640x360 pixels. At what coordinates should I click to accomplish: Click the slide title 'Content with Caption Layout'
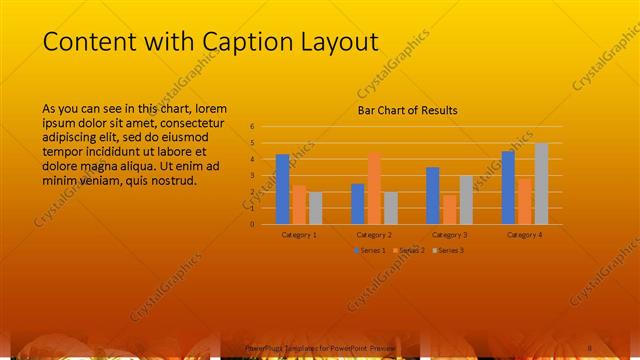click(211, 42)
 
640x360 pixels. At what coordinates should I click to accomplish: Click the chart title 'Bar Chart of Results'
click(407, 111)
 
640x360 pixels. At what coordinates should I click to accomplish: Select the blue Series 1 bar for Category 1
click(283, 189)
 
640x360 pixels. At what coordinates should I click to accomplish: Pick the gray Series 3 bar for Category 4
click(541, 183)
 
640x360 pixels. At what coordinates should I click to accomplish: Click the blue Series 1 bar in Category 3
click(433, 195)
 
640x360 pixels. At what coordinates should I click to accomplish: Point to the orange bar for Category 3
click(449, 209)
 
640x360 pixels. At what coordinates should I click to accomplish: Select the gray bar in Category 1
click(315, 207)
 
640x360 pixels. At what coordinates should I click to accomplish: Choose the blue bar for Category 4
click(508, 187)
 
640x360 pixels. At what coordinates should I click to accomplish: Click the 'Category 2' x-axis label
click(374, 234)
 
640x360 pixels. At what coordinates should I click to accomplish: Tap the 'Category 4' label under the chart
click(524, 234)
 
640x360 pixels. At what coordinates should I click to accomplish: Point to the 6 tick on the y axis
click(253, 127)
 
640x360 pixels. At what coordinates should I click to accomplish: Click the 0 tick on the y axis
click(253, 224)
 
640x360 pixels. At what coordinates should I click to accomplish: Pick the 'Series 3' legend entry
click(448, 249)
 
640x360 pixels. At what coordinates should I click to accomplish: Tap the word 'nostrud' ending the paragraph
click(172, 181)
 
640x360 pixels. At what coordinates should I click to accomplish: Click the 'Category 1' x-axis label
click(299, 234)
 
